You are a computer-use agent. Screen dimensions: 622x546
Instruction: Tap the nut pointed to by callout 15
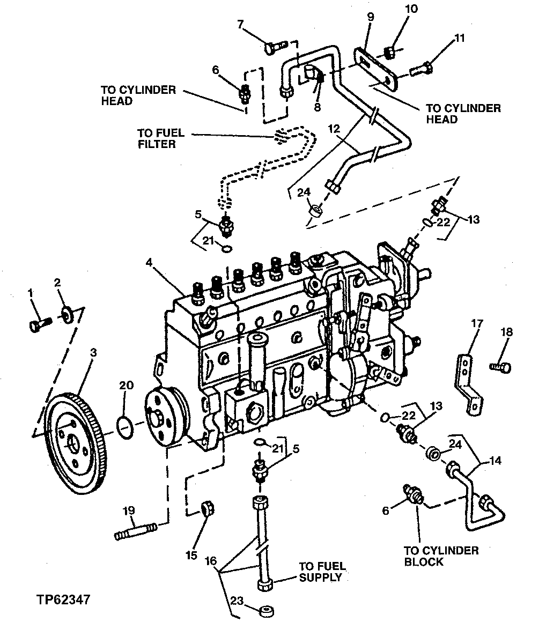pyautogui.click(x=206, y=508)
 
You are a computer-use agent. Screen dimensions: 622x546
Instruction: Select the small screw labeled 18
pyautogui.click(x=501, y=367)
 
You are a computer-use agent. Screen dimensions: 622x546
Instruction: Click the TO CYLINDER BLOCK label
pyautogui.click(x=441, y=556)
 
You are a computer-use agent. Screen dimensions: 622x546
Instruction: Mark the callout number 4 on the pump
pyautogui.click(x=150, y=262)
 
